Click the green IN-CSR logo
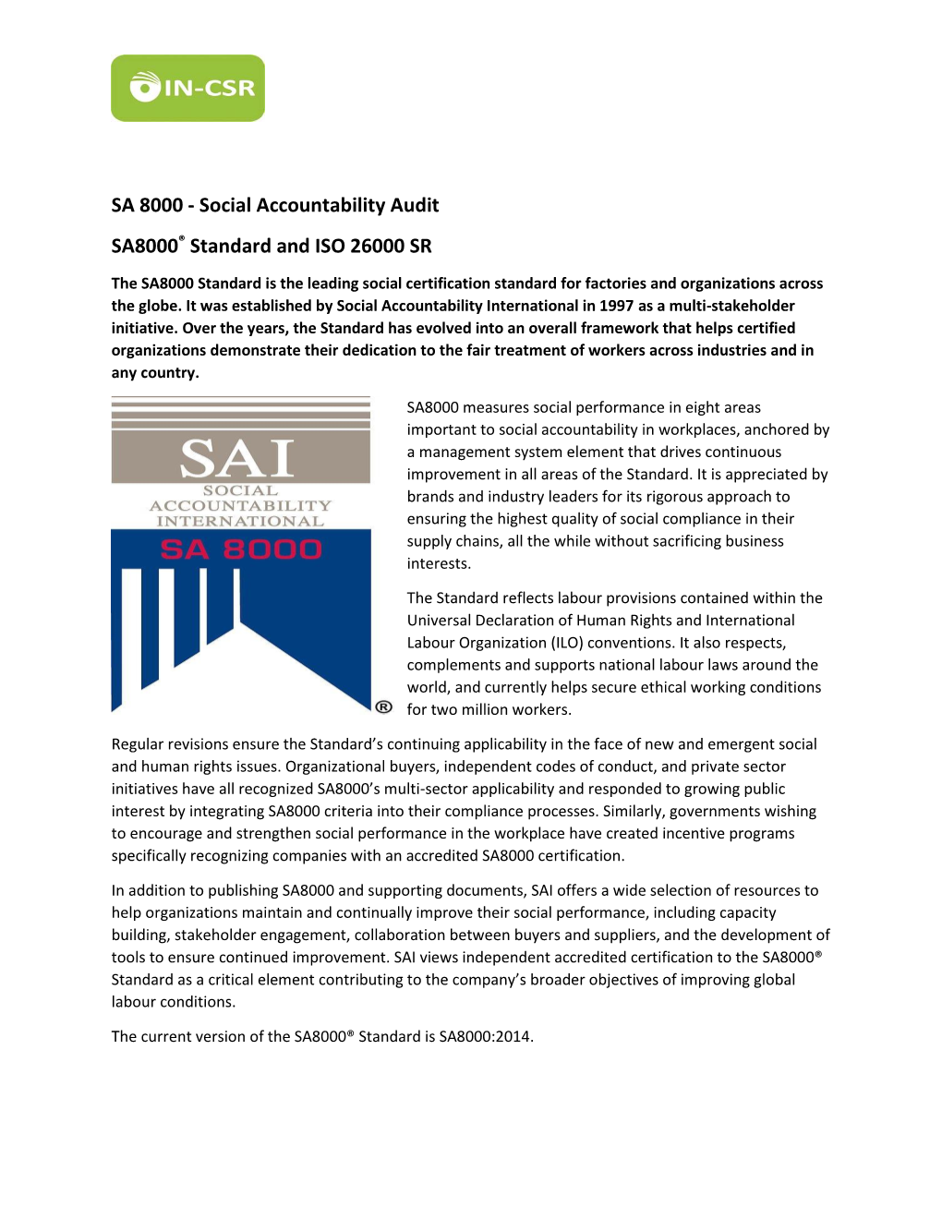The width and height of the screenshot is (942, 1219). click(x=187, y=89)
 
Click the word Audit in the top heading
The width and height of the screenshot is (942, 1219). click(x=414, y=205)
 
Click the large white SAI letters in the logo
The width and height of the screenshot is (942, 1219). click(x=238, y=458)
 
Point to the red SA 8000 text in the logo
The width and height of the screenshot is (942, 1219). click(x=240, y=549)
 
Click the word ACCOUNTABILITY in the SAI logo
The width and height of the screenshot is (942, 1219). click(x=240, y=506)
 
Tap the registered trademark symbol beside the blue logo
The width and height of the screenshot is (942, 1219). click(x=384, y=706)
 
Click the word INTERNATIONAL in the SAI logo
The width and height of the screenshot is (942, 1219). click(x=240, y=521)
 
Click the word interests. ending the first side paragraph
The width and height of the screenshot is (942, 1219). click(x=439, y=563)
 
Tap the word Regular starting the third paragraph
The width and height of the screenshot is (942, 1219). click(x=139, y=744)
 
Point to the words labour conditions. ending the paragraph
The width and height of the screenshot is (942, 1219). click(x=173, y=1002)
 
